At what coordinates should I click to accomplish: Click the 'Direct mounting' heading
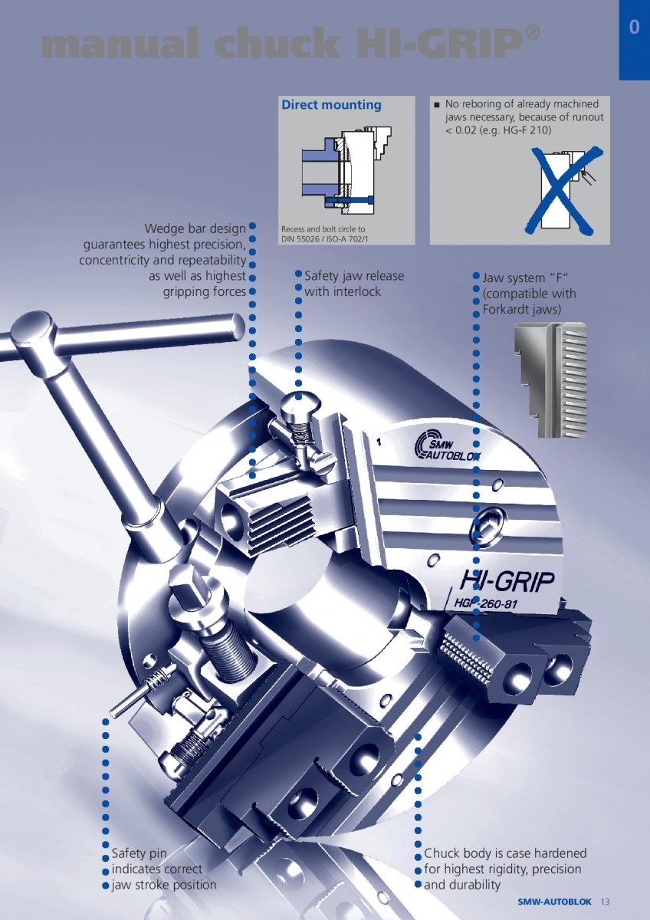point(331,105)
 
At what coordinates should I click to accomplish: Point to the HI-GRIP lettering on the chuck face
point(507,581)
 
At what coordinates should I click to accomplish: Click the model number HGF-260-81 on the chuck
point(485,603)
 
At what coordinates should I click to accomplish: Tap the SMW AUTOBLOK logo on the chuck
point(446,446)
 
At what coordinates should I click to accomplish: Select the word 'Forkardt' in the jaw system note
point(505,309)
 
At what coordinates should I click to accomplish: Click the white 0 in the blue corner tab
point(634,27)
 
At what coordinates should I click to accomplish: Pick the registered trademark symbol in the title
point(533,32)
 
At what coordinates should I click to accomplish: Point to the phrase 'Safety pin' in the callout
point(140,853)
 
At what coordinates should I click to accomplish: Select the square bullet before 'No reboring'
point(437,105)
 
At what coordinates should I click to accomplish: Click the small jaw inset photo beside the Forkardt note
point(550,379)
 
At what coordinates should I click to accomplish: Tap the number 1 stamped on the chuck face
point(380,442)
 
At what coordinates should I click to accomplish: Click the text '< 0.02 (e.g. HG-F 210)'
point(498,130)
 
